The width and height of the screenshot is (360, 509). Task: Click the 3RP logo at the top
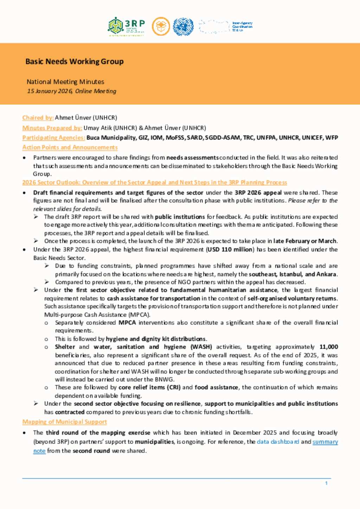(x=126, y=27)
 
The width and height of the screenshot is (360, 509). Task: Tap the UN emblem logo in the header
(x=183, y=27)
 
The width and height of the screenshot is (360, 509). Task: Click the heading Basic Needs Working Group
(x=74, y=61)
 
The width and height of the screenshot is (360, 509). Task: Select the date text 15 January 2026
(x=50, y=91)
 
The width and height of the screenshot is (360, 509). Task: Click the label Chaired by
(x=38, y=118)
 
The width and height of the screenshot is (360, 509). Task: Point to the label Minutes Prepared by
(x=52, y=128)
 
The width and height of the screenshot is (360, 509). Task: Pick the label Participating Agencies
(x=53, y=138)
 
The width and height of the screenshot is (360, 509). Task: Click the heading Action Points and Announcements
(x=70, y=148)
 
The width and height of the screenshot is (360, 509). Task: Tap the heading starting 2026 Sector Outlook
(x=154, y=182)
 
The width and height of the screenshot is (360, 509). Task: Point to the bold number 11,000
(x=328, y=347)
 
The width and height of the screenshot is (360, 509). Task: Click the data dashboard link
(x=278, y=442)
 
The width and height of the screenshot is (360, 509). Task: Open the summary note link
(x=325, y=442)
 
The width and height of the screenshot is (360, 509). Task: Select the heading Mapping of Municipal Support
(x=64, y=422)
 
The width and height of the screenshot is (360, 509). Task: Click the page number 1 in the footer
(x=326, y=483)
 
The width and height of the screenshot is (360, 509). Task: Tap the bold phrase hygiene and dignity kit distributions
(x=156, y=339)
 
